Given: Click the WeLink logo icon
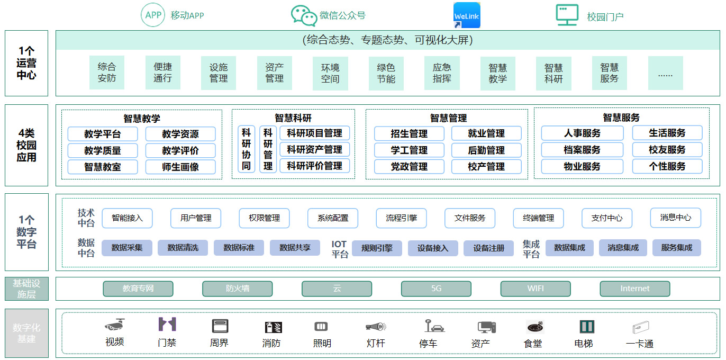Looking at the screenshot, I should pyautogui.click(x=467, y=15).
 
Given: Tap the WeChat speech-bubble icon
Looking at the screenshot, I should pyautogui.click(x=304, y=15).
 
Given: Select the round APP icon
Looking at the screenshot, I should pyautogui.click(x=153, y=15).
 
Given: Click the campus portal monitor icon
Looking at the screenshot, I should pyautogui.click(x=567, y=15).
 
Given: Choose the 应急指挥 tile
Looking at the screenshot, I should pyautogui.click(x=442, y=73).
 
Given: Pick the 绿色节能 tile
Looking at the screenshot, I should pyautogui.click(x=386, y=73).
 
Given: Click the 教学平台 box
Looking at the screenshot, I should pyautogui.click(x=103, y=133).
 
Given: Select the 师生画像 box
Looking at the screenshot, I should pyautogui.click(x=180, y=167).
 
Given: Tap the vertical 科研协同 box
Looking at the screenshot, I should pyautogui.click(x=247, y=149).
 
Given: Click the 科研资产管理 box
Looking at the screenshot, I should pyautogui.click(x=315, y=150).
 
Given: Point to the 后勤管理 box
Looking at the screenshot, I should pyautogui.click(x=486, y=150).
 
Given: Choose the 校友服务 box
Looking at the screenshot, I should pyautogui.click(x=667, y=150).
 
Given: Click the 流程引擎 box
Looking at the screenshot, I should pyautogui.click(x=401, y=218).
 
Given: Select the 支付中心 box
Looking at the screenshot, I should pyautogui.click(x=607, y=218).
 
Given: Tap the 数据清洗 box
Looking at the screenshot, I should pyautogui.click(x=183, y=248).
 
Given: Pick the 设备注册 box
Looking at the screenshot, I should pyautogui.click(x=489, y=248).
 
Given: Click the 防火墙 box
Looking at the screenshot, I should pyautogui.click(x=238, y=289).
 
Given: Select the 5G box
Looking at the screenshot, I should pyautogui.click(x=436, y=289).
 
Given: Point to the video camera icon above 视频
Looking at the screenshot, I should pyautogui.click(x=115, y=325).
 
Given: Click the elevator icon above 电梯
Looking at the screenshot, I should pyautogui.click(x=587, y=326).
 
